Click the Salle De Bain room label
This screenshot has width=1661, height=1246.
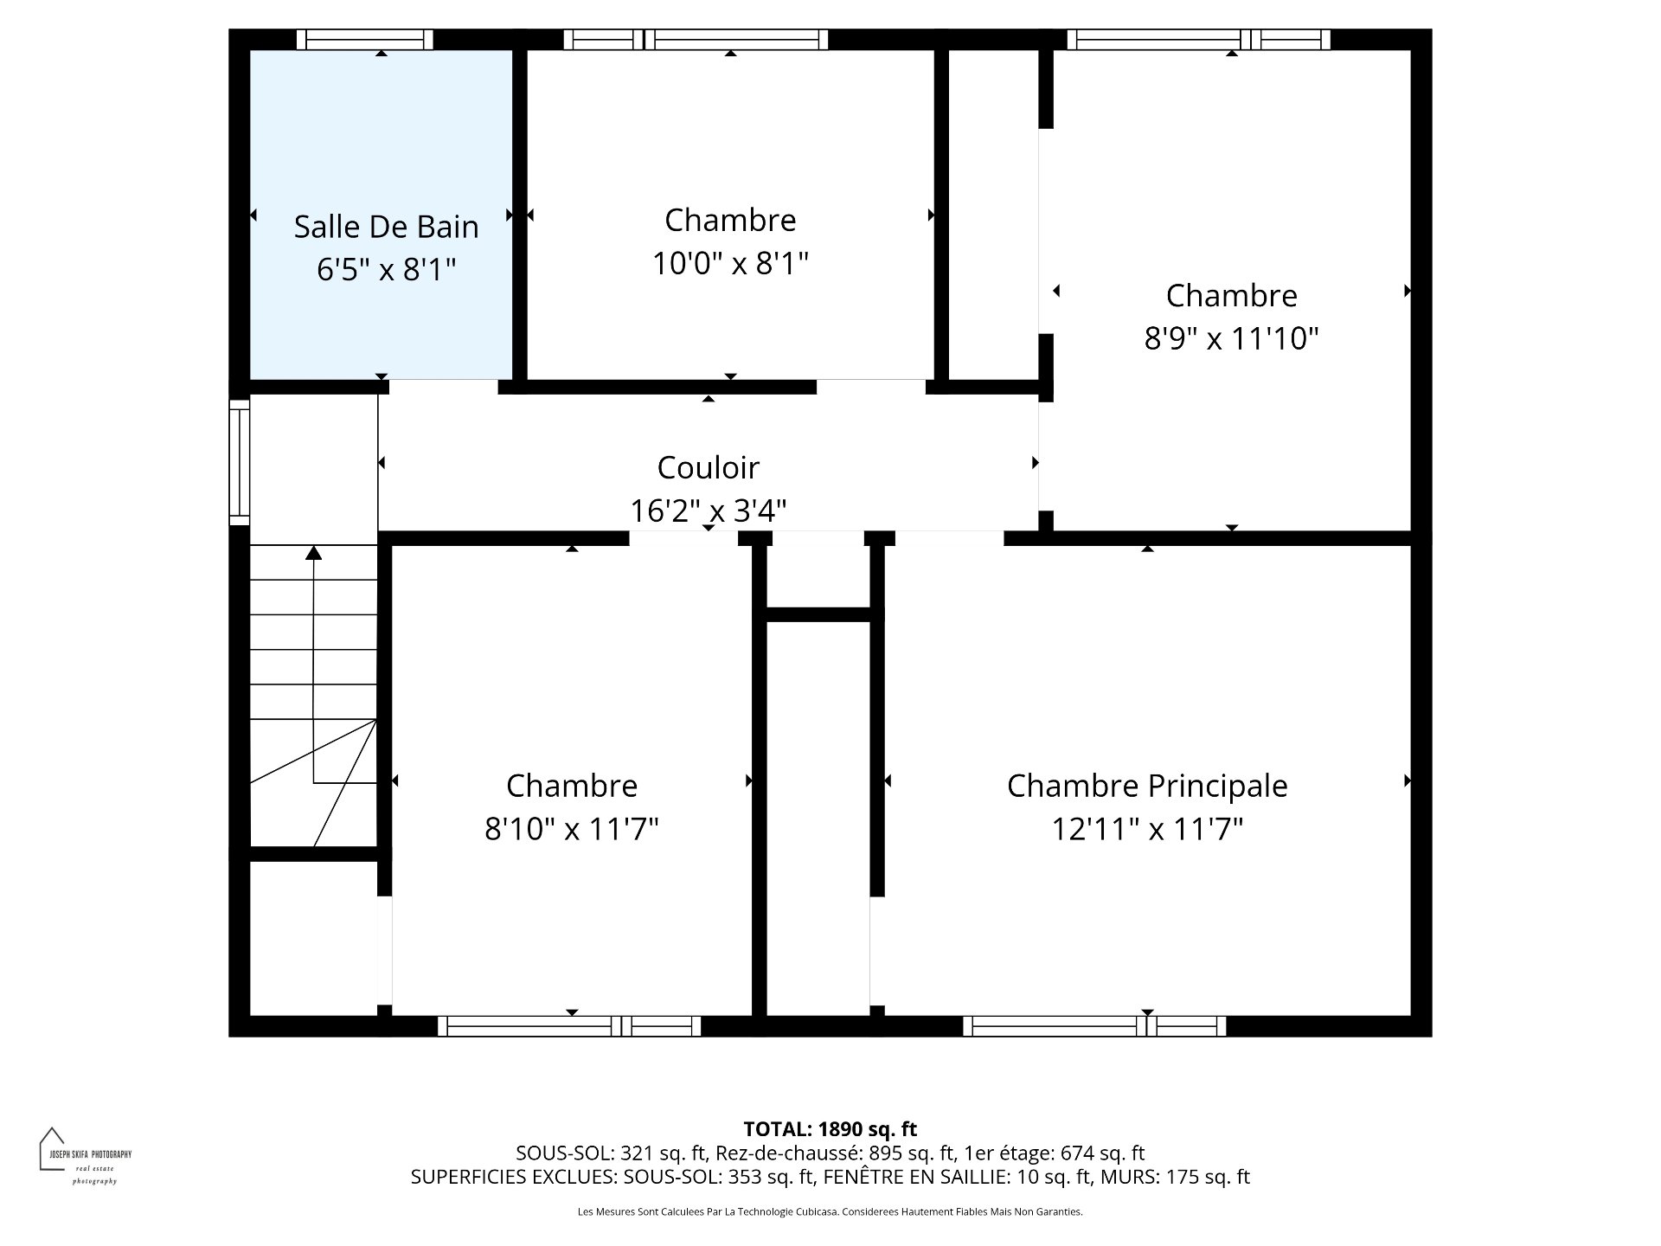click(x=386, y=227)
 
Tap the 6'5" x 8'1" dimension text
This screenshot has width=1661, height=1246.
click(x=386, y=270)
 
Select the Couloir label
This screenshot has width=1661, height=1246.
click(x=709, y=467)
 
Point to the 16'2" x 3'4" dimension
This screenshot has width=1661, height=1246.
click(x=709, y=511)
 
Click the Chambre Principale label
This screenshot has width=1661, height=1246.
click(x=1147, y=787)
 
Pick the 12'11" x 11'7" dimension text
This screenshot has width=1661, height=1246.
click(x=1147, y=830)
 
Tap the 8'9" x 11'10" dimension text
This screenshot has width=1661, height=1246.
click(x=1231, y=338)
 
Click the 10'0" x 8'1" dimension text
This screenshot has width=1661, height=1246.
click(x=730, y=263)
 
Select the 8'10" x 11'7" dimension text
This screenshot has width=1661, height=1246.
click(x=572, y=830)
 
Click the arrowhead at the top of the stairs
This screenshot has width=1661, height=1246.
click(x=314, y=552)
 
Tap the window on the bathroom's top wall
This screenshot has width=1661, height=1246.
click(x=364, y=40)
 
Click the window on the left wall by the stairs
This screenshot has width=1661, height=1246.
click(x=240, y=462)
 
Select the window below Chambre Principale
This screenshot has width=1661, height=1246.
click(x=1094, y=1026)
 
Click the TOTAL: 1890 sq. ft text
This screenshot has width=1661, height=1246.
click(x=830, y=1129)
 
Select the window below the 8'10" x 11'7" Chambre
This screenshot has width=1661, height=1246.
click(x=569, y=1026)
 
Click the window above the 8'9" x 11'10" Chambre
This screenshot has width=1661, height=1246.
click(x=1199, y=40)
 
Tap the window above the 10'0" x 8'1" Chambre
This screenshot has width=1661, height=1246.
click(x=696, y=40)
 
